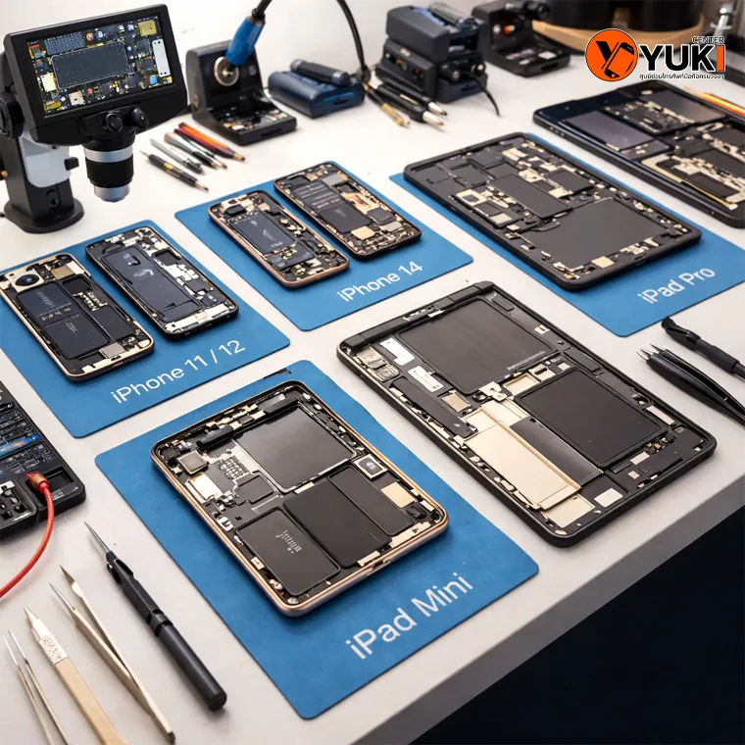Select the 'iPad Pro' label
pos(677,283)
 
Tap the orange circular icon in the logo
pos(611,55)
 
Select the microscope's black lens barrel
pos(109,161)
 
